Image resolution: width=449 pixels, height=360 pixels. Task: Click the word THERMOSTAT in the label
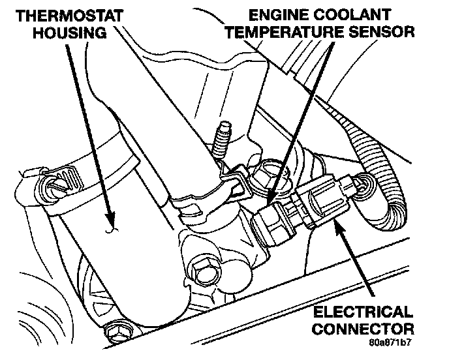tap(70, 16)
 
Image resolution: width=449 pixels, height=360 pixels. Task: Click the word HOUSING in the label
tap(70, 33)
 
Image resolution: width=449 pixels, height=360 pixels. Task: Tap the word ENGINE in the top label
tap(276, 15)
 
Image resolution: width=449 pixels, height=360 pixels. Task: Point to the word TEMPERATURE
tap(285, 32)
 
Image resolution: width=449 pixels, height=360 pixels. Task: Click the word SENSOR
tap(381, 32)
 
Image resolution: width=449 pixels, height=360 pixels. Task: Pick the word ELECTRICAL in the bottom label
tap(363, 312)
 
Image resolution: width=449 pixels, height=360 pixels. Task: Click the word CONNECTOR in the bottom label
tap(363, 329)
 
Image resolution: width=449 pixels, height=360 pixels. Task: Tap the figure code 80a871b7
tap(390, 342)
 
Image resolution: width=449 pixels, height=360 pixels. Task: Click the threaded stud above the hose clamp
tap(222, 140)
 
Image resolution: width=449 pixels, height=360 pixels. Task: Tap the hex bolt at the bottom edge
tap(118, 333)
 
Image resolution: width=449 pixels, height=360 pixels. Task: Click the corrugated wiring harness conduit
tap(372, 160)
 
